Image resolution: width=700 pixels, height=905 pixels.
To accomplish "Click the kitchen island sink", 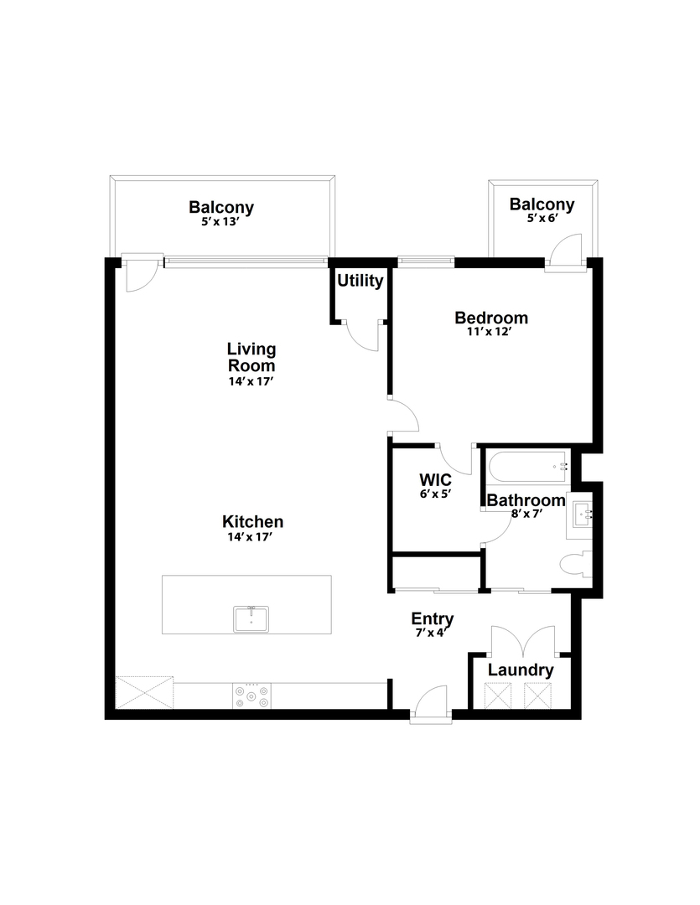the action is point(251,618).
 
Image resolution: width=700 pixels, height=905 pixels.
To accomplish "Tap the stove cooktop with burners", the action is point(251,696).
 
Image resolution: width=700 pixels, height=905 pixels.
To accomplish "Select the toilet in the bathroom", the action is point(577,566).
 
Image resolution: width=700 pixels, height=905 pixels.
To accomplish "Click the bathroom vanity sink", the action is point(582,513).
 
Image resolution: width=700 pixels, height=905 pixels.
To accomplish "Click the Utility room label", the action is point(360,281).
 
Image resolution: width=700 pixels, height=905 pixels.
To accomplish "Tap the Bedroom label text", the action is point(491,318).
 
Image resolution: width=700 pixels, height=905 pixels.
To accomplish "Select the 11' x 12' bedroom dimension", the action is point(490,332).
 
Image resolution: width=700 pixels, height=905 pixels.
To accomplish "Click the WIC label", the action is point(435,480).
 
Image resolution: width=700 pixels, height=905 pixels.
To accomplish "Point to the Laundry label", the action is point(521,670).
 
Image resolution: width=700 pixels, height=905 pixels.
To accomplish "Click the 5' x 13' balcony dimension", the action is point(220,221).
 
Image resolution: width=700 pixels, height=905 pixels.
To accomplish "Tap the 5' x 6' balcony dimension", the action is point(542,218).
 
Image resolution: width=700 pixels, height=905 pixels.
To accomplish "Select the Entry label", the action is point(432,618).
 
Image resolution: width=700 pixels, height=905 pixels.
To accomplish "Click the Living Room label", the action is point(251,357).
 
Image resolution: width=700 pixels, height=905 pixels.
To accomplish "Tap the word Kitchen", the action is point(252,522).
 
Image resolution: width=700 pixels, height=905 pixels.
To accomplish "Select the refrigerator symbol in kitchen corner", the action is point(144,693).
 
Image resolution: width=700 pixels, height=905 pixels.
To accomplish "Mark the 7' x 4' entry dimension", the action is point(432,632).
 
